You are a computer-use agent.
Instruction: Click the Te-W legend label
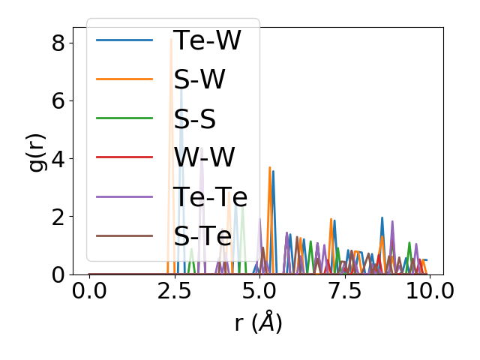click(207, 40)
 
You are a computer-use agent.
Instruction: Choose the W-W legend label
click(204, 157)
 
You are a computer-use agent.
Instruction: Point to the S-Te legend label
click(202, 235)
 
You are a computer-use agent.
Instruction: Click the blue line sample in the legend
click(124, 40)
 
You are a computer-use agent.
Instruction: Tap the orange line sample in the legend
click(124, 79)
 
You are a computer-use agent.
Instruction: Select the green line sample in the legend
click(124, 118)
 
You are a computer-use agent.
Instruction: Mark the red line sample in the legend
click(124, 157)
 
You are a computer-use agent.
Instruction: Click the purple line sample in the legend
click(124, 196)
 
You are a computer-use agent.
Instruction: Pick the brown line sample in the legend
click(124, 235)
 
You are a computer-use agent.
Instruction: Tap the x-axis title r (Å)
click(258, 323)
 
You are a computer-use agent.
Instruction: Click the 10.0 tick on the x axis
click(429, 291)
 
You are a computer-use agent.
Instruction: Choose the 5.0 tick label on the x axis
click(259, 291)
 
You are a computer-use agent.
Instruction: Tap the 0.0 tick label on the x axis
click(89, 291)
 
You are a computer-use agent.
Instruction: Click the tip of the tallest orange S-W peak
click(171, 39)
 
